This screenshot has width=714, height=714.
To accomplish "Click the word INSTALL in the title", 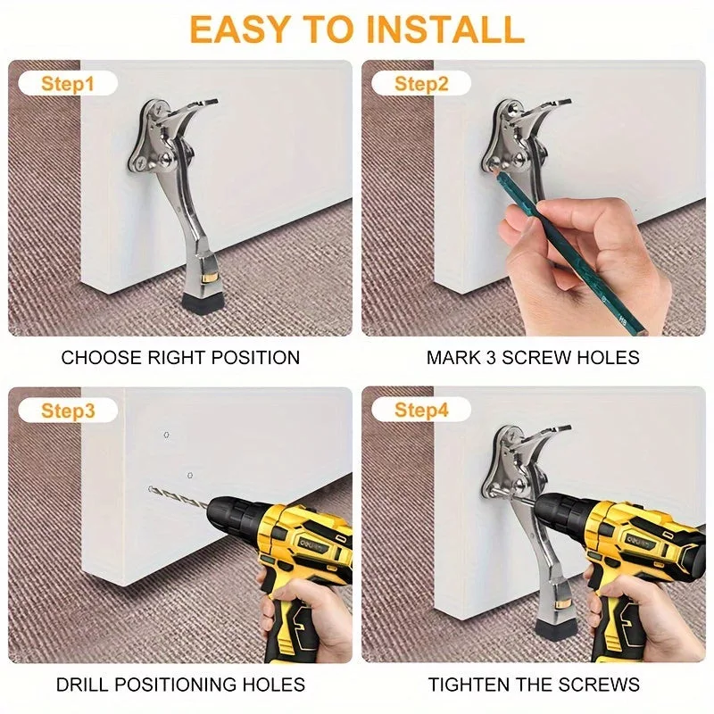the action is (x=445, y=29).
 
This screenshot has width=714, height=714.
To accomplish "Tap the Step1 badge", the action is (x=68, y=84).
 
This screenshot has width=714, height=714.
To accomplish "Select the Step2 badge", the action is (x=421, y=84).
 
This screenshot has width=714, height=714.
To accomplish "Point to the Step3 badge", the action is (x=68, y=411).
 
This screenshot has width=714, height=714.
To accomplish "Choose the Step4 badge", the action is (x=421, y=410).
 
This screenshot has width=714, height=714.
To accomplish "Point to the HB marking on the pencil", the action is (x=622, y=321).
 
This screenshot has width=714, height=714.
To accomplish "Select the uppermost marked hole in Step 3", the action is (x=167, y=435).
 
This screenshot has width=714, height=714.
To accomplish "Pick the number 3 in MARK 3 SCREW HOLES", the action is (x=490, y=358).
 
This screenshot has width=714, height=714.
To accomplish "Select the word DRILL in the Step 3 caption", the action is (x=81, y=685).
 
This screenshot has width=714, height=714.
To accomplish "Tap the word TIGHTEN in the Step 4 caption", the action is (x=468, y=685).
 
